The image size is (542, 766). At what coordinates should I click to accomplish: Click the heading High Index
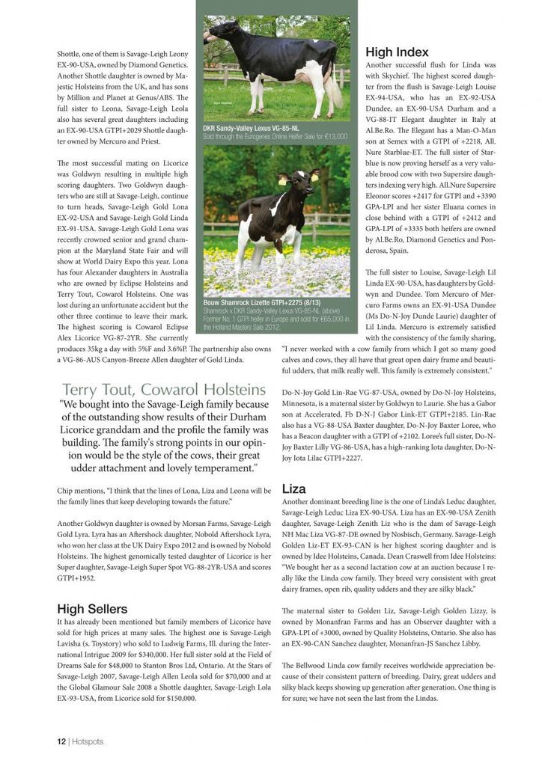click(397, 52)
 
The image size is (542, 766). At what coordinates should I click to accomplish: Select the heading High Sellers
click(92, 608)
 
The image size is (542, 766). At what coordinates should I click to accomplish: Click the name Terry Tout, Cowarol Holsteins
click(164, 389)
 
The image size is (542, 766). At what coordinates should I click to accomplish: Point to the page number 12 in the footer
click(61, 741)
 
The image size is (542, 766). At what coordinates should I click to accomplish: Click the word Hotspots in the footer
click(88, 741)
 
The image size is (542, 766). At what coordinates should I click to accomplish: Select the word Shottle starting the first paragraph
click(70, 55)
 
